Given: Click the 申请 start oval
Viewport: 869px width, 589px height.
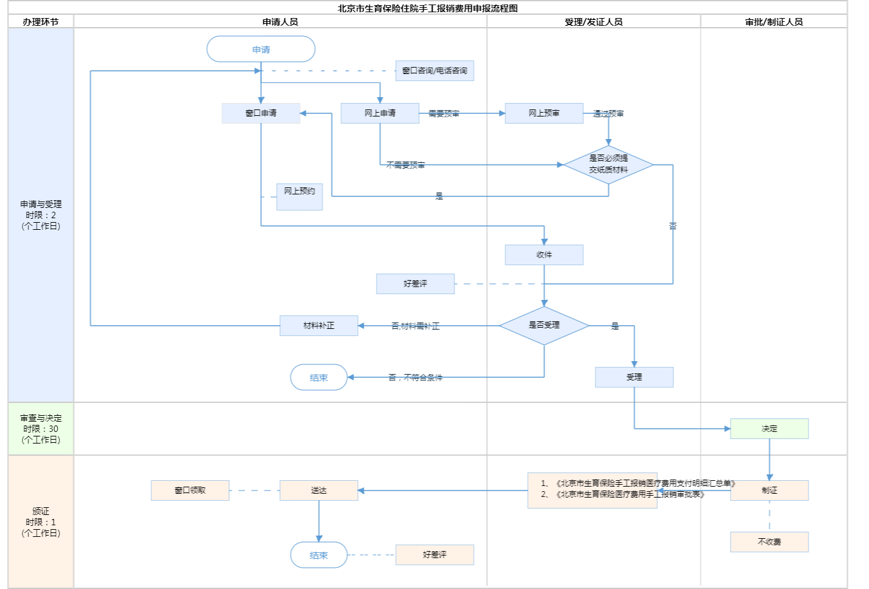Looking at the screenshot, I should coord(261,50).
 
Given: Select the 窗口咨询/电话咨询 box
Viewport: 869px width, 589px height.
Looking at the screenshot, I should coord(434,71).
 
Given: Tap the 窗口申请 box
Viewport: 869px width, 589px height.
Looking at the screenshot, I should coord(261,113).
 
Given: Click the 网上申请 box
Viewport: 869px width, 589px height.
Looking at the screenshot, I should coord(380,113).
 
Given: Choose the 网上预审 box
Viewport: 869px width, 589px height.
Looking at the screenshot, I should coord(544,113).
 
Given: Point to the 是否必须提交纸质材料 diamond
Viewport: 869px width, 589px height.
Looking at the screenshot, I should coord(608,165).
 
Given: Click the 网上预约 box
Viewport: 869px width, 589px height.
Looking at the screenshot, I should coord(299,196).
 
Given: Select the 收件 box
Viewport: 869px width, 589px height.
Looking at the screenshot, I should coord(544,255).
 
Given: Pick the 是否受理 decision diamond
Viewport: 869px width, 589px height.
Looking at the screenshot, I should coord(544,326).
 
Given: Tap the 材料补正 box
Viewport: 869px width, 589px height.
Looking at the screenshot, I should coord(319,326).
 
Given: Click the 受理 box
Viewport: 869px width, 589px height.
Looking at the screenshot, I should coord(634,377).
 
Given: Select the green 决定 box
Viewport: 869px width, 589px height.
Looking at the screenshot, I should coord(769,429).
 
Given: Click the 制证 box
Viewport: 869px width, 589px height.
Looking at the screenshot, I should coord(769,491).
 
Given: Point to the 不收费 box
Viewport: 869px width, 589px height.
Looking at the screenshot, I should coord(769,542).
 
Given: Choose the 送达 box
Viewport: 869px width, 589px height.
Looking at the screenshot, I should coord(319,491).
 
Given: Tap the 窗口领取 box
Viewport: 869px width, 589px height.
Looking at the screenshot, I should coord(190,491).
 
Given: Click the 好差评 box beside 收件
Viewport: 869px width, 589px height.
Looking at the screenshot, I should coord(415,284).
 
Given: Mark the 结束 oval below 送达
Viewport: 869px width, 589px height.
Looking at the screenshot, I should coord(319,555).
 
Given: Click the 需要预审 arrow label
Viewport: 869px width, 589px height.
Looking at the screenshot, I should coord(444,114).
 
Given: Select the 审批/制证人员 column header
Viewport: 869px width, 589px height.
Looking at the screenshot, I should coord(774,22).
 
